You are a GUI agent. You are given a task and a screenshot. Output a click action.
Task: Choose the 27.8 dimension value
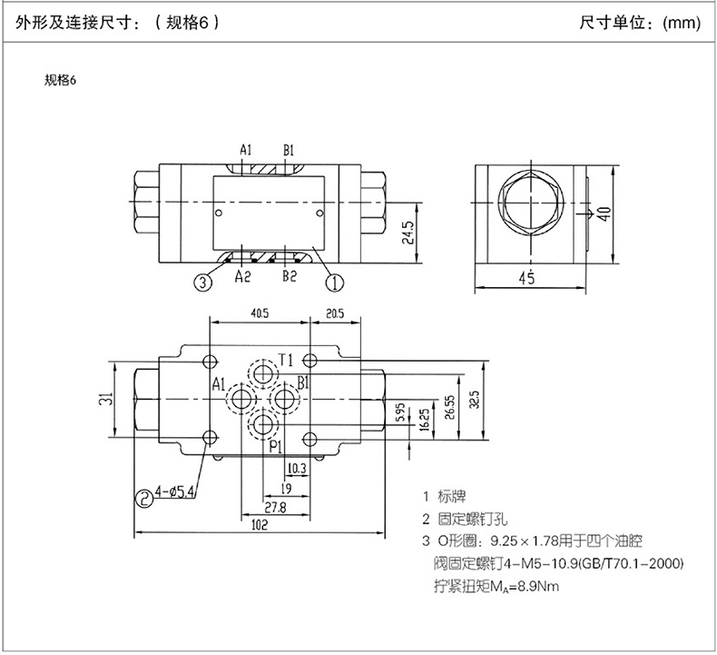point(275,506)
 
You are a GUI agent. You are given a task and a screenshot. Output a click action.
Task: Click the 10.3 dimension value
point(296,469)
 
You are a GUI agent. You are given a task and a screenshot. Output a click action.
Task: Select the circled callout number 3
point(203,283)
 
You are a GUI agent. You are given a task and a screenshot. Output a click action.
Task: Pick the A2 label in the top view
point(242,276)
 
